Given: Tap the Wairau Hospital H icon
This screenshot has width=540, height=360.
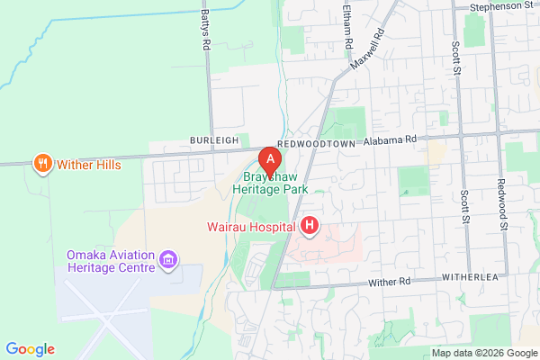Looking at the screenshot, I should (310, 225).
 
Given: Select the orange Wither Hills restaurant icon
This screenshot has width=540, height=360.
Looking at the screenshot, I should (42, 164).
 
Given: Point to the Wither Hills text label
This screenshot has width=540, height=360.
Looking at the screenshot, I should (88, 165).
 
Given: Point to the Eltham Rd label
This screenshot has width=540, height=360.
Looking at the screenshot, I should (346, 22).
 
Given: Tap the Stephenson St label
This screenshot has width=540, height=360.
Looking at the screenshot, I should (502, 6).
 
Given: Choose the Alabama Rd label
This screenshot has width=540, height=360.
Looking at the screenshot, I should (399, 140).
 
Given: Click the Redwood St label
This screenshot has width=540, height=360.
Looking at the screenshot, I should (501, 203).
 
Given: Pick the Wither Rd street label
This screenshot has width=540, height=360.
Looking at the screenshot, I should (390, 283).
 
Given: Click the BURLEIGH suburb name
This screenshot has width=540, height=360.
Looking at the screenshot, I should (213, 141).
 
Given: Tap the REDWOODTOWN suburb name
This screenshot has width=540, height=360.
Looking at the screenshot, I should (316, 142).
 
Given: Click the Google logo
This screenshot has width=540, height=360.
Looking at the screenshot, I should (30, 349).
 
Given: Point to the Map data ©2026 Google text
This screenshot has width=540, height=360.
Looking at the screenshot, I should (481, 352).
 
